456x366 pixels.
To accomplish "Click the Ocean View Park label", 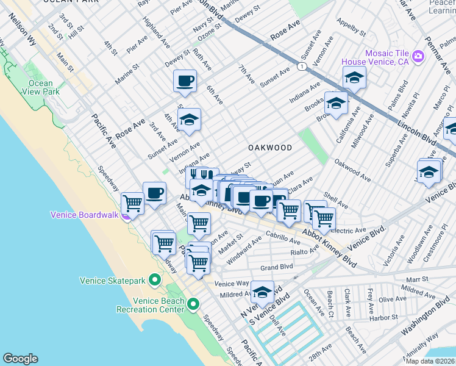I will click(x=40, y=87).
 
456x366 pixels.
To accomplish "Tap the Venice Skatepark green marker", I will click(x=155, y=281).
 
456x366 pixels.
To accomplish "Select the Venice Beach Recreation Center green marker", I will click(x=193, y=303).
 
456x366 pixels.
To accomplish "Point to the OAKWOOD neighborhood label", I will click(x=270, y=148).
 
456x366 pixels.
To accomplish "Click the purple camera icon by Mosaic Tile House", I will click(x=418, y=56).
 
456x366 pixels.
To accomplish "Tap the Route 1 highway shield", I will click(x=301, y=66).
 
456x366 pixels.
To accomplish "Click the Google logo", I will click(x=20, y=359).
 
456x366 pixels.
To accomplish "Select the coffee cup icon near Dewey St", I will click(x=185, y=81).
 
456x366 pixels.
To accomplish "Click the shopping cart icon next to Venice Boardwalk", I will click(x=132, y=203).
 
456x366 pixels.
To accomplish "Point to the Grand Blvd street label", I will click(x=277, y=267).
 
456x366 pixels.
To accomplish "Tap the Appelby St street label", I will click(x=350, y=28).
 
